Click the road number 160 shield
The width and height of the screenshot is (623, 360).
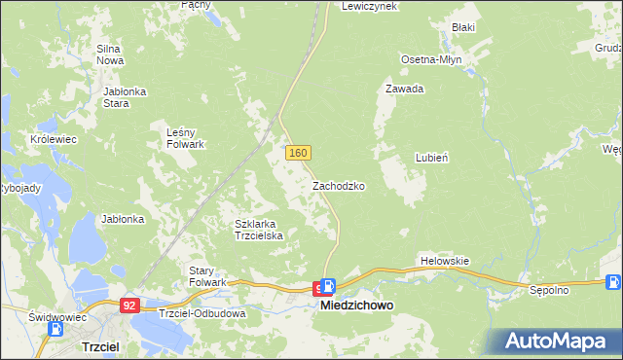pyautogui.click(x=299, y=153)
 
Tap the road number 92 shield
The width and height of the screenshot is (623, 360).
pyautogui.click(x=129, y=305)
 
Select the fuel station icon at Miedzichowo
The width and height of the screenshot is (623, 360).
pyautogui.click(x=328, y=287)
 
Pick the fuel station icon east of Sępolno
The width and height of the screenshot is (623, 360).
pyautogui.click(x=613, y=283)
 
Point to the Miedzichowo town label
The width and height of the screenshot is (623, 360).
pyautogui.click(x=357, y=306)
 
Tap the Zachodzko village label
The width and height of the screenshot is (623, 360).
pyautogui.click(x=339, y=185)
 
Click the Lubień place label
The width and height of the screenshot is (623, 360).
pyautogui.click(x=432, y=157)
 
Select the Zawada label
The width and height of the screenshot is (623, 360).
pyautogui.click(x=404, y=89)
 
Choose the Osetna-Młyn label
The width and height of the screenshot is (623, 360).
pyautogui.click(x=431, y=59)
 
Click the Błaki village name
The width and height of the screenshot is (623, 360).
pyautogui.click(x=462, y=27)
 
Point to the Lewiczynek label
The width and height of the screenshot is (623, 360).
pyautogui.click(x=368, y=6)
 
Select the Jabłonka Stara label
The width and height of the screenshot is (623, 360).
pyautogui.click(x=125, y=97)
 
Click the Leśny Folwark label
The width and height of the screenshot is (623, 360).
pyautogui.click(x=185, y=138)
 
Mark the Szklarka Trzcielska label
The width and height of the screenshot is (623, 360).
pyautogui.click(x=258, y=230)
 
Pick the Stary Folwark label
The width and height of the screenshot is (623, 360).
pyautogui.click(x=206, y=275)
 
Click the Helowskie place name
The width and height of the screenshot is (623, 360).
pyautogui.click(x=445, y=261)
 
